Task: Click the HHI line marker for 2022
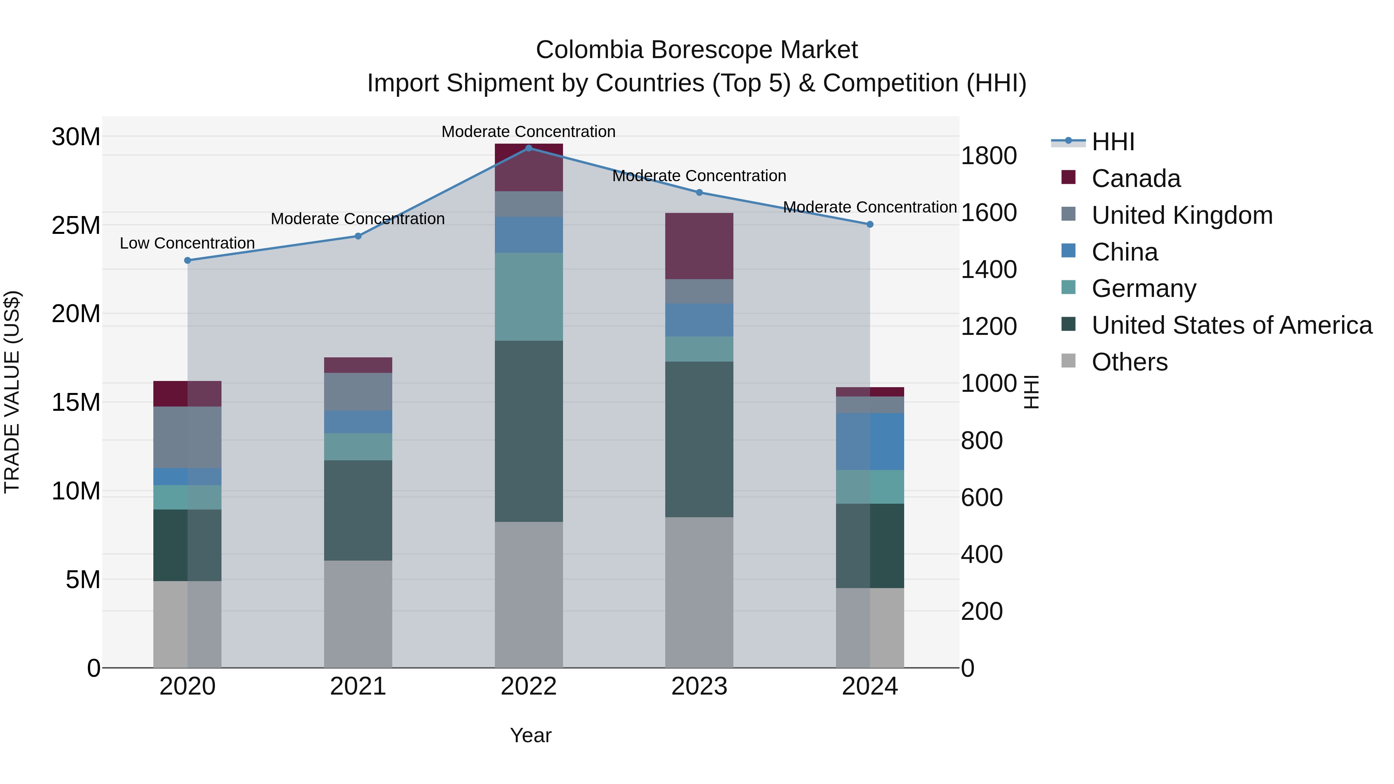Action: (529, 148)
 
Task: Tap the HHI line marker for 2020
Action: (188, 260)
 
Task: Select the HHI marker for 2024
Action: (870, 224)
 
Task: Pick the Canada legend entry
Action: (1135, 178)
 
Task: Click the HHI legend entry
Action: (1112, 142)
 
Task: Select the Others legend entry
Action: (1130, 362)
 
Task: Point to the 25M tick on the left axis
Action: (76, 225)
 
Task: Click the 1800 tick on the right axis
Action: (989, 156)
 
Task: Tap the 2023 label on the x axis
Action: (699, 686)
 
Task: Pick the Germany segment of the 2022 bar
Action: (529, 297)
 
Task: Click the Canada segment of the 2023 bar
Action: (699, 246)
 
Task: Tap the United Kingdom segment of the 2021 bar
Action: (358, 391)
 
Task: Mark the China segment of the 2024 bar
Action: (870, 441)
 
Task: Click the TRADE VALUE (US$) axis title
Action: (12, 392)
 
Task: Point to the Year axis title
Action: (530, 735)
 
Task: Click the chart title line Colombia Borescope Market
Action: (697, 50)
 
